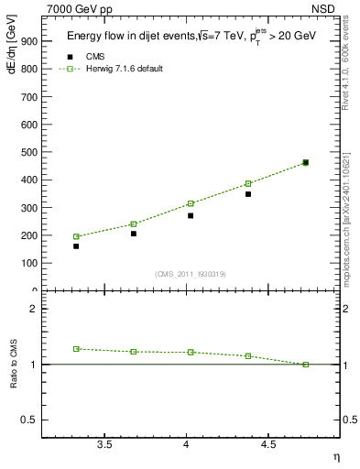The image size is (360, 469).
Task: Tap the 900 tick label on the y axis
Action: (28, 41)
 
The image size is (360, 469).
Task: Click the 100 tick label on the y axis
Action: (28, 263)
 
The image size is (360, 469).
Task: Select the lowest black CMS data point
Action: (76, 246)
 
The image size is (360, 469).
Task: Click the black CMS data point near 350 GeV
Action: (248, 194)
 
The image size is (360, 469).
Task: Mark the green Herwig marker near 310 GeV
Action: (191, 203)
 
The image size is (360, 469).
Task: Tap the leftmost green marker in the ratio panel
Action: (76, 349)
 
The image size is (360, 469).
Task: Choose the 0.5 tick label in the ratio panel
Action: (29, 420)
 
